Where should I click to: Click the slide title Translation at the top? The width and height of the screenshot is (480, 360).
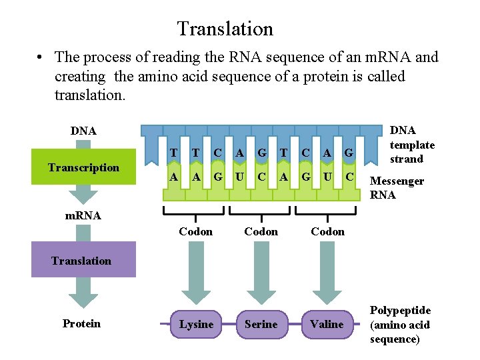point(225,29)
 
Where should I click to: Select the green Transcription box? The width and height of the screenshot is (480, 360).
point(83,167)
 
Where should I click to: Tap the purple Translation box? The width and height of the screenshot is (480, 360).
point(81,261)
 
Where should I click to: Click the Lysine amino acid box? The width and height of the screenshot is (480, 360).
point(196,324)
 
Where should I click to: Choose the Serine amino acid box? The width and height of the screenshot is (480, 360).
point(261,324)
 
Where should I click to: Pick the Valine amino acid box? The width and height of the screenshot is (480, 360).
point(327,324)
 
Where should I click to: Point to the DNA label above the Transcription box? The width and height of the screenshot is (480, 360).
point(83,131)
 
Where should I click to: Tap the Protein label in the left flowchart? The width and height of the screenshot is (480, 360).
point(81,323)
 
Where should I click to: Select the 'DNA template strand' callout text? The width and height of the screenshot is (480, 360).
point(411,145)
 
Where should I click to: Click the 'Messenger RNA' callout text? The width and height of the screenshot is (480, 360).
point(397,188)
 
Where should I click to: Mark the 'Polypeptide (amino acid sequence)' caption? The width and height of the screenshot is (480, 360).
point(400,325)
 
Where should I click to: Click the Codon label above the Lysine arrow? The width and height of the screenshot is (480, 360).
point(196,231)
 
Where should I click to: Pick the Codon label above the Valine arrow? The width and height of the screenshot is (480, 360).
point(328,231)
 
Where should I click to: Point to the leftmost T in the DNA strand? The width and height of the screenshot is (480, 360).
point(173,153)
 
